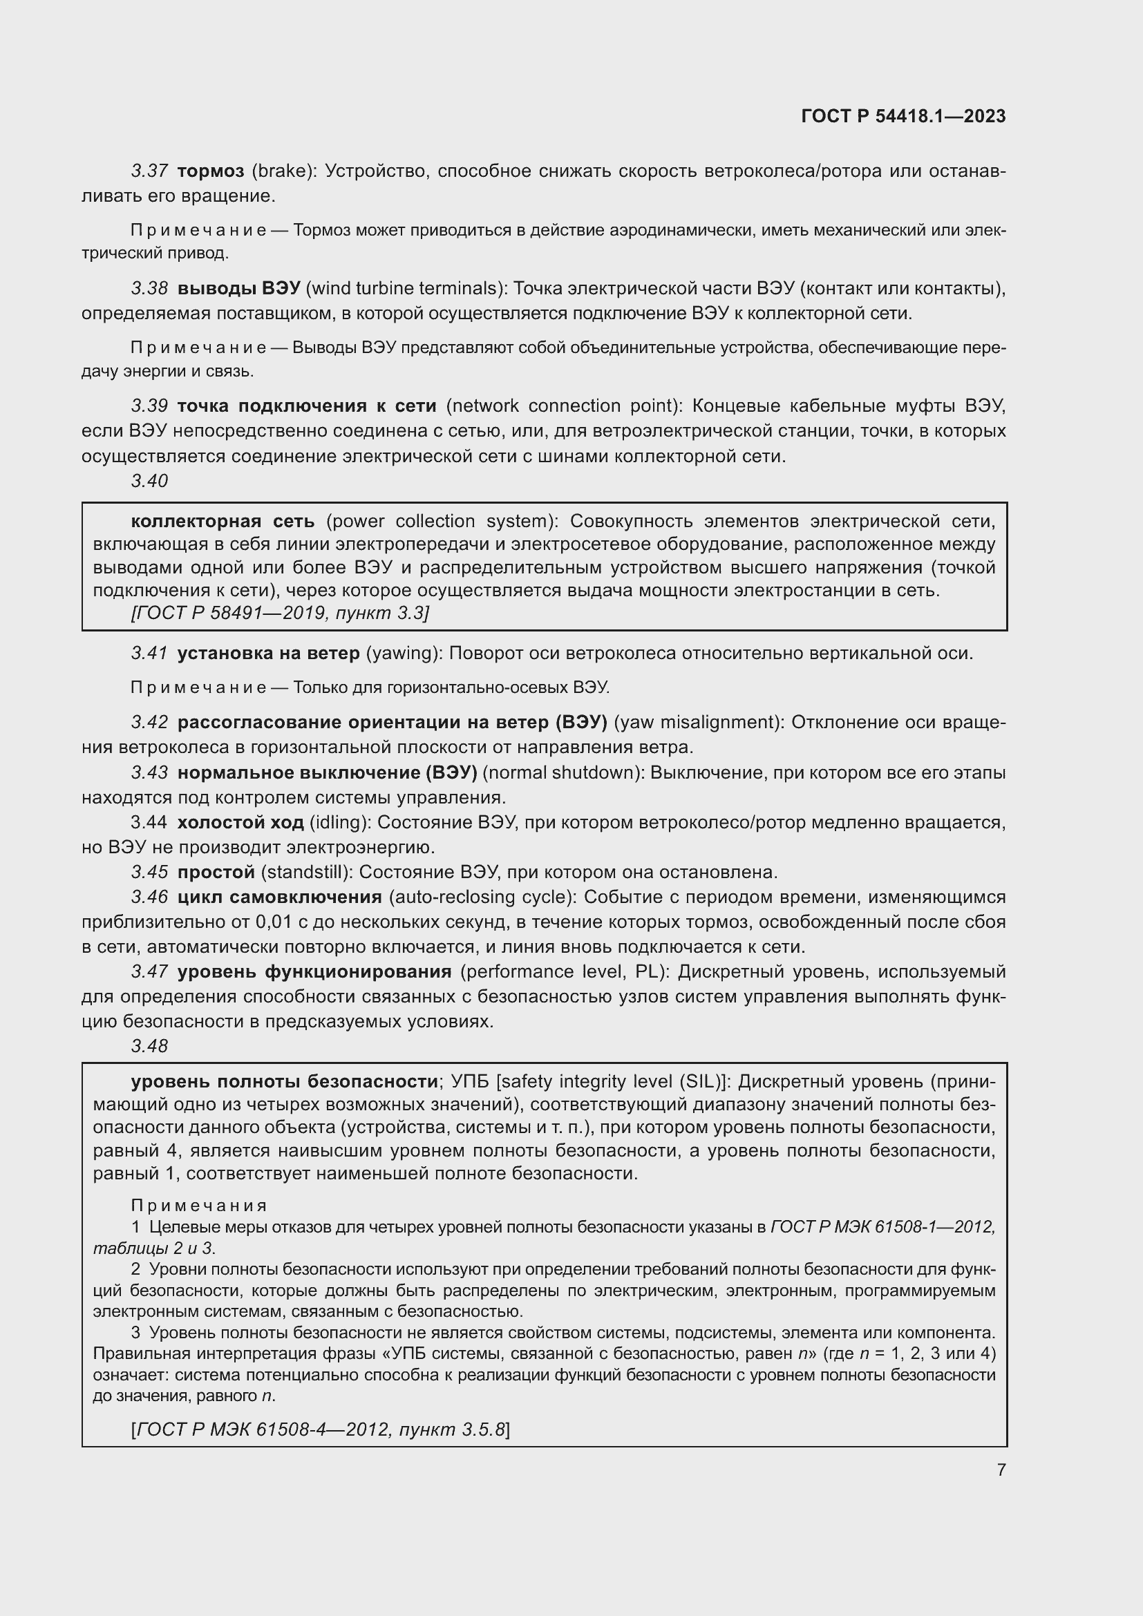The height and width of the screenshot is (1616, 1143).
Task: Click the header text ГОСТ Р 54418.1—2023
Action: point(903,116)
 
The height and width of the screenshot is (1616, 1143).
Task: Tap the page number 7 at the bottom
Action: point(1001,1470)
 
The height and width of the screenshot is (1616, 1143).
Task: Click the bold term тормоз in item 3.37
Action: point(211,171)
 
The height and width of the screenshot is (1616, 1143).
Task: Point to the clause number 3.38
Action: point(149,289)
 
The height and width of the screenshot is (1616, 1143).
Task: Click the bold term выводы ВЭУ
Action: point(238,289)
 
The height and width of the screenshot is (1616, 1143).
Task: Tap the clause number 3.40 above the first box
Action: point(149,481)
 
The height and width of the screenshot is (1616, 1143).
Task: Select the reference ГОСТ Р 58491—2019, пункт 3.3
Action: point(279,613)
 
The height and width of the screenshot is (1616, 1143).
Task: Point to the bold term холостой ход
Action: point(240,822)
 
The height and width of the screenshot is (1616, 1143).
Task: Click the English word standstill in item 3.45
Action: point(305,872)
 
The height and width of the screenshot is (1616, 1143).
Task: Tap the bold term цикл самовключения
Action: point(278,897)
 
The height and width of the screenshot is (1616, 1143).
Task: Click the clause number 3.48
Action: point(149,1046)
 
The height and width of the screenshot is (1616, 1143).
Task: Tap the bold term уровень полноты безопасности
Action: point(284,1081)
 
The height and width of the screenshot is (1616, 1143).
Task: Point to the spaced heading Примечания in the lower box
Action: point(198,1206)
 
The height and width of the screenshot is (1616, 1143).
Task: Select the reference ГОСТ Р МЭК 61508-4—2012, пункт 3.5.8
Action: point(319,1429)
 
